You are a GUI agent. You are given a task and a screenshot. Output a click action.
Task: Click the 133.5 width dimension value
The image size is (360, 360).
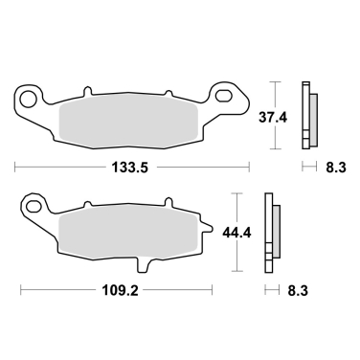tap(133, 167)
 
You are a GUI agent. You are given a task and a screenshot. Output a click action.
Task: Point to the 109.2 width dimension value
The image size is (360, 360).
tap(118, 287)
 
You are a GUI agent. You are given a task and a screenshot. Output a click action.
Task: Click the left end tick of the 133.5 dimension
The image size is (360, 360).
tap(15, 167)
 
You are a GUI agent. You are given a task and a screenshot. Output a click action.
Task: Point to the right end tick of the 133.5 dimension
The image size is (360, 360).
tap(249, 167)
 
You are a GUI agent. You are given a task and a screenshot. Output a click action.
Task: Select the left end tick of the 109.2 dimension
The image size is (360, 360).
tap(20, 287)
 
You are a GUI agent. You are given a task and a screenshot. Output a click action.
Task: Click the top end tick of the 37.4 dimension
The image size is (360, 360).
tap(277, 79)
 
